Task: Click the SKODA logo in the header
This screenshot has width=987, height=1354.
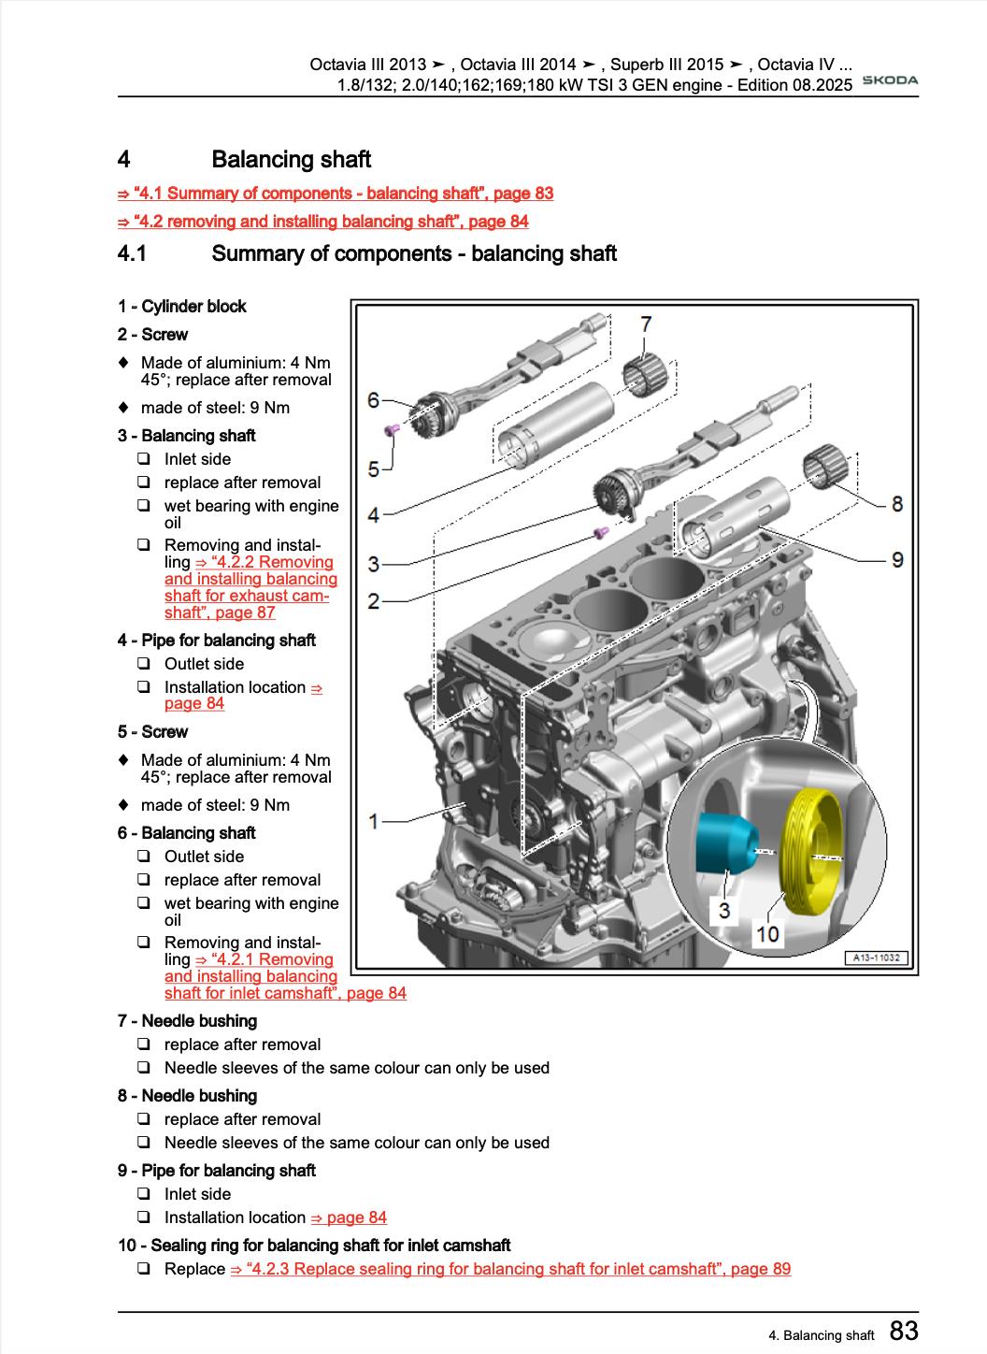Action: pyautogui.click(x=889, y=80)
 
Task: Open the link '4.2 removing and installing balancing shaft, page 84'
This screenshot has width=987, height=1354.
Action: pyautogui.click(x=323, y=222)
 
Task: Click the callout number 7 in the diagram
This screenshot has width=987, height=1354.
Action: pyautogui.click(x=646, y=324)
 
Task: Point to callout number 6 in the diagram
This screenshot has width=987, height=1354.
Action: pyautogui.click(x=373, y=401)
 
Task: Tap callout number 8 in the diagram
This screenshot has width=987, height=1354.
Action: pyautogui.click(x=896, y=505)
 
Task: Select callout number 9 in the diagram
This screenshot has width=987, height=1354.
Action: pyautogui.click(x=896, y=560)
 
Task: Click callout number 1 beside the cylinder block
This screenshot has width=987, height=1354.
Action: pyautogui.click(x=373, y=821)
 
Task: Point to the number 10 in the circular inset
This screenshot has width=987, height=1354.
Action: pyautogui.click(x=766, y=934)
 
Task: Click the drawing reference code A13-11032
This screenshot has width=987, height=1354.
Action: pyautogui.click(x=877, y=958)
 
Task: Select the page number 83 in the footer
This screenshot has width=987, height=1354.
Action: pyautogui.click(x=903, y=1331)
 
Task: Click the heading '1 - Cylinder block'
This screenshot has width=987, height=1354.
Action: pyautogui.click(x=182, y=307)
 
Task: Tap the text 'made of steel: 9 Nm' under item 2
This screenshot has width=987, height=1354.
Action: pyautogui.click(x=215, y=408)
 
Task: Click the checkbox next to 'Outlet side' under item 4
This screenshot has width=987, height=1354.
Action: pyautogui.click(x=144, y=664)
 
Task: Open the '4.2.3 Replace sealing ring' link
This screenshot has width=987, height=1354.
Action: pyautogui.click(x=510, y=1269)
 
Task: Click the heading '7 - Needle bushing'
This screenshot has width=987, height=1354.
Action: pyautogui.click(x=187, y=1021)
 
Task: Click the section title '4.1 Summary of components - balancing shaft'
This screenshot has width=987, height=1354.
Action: pyautogui.click(x=414, y=253)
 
